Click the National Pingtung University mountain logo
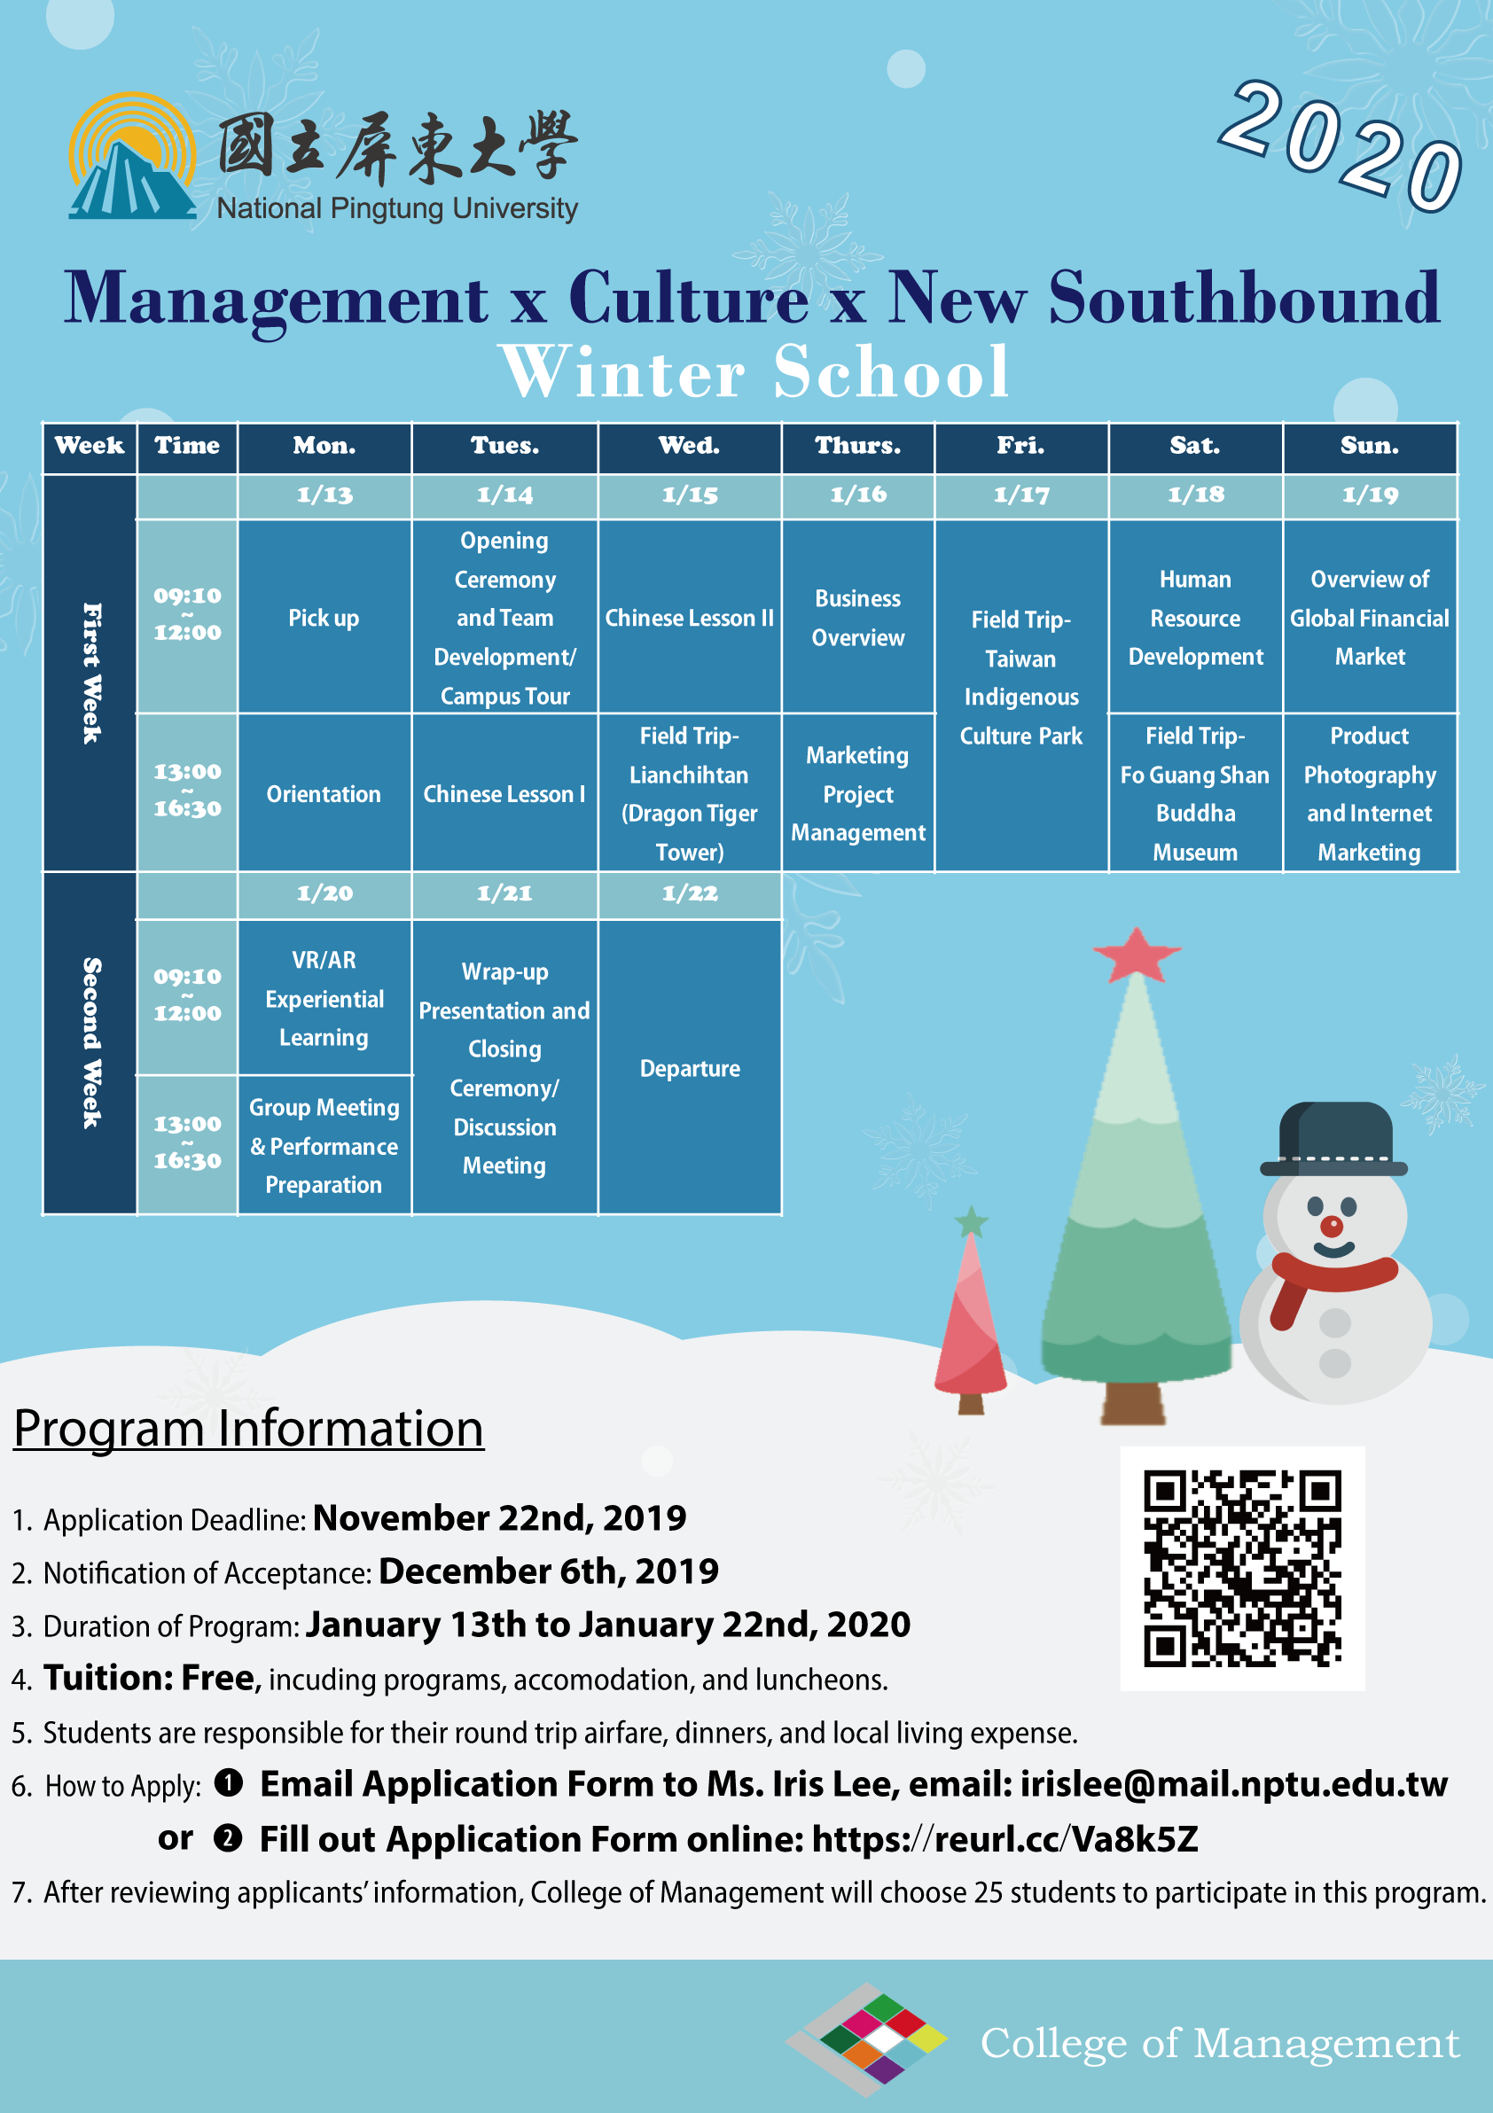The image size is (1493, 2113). [x=133, y=157]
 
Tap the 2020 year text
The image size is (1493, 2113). [x=1342, y=145]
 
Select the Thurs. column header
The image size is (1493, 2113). [x=858, y=448]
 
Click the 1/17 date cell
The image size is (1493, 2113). [x=1020, y=496]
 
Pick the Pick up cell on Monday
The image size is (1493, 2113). [x=324, y=618]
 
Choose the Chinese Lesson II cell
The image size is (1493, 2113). [x=690, y=618]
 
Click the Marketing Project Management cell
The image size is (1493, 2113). [x=858, y=793]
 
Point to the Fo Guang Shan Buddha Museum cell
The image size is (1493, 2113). [x=1195, y=793]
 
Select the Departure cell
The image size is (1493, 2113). [x=690, y=1067]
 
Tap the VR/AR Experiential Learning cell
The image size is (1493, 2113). [x=324, y=999]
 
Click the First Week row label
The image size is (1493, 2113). [x=90, y=673]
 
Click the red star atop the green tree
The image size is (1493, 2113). [x=1136, y=955]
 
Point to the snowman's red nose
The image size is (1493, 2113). [x=1331, y=1226]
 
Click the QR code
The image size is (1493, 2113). [x=1242, y=1568]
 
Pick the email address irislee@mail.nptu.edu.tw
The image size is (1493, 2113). [x=1233, y=1784]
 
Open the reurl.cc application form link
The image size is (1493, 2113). [x=1004, y=1839]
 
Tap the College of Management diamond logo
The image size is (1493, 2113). [x=867, y=2039]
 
